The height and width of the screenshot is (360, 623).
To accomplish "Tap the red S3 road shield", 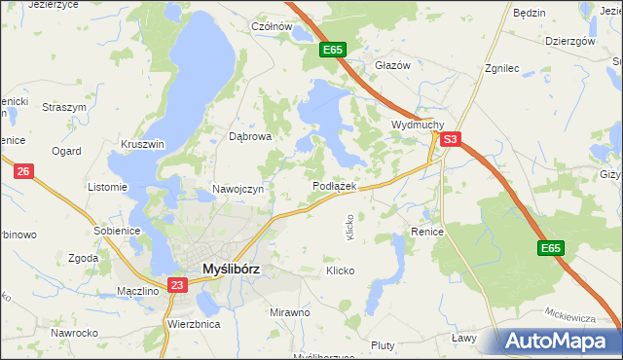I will tap(449, 140).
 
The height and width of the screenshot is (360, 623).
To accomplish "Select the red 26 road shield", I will tap(25, 172).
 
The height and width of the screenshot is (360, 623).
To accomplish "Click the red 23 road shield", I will tap(176, 285).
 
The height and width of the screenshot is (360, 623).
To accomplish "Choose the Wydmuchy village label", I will tap(418, 126).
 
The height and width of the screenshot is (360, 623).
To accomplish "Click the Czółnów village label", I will tap(272, 27).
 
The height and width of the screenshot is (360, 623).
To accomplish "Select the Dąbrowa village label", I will tap(249, 137).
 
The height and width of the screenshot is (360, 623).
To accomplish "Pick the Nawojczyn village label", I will tap(238, 190).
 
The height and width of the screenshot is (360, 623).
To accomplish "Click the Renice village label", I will tap(427, 233).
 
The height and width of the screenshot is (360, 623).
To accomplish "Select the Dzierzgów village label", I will tap(570, 41).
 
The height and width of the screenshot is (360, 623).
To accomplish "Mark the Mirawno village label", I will tap(289, 313).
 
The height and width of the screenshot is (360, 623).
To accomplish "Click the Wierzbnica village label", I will tap(194, 324).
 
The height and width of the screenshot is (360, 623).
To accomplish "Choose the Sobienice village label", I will tap(118, 231).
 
